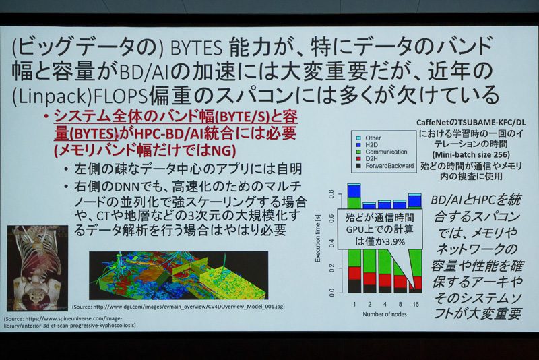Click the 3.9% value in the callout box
[x=394, y=241]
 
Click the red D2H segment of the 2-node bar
[x=369, y=278]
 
